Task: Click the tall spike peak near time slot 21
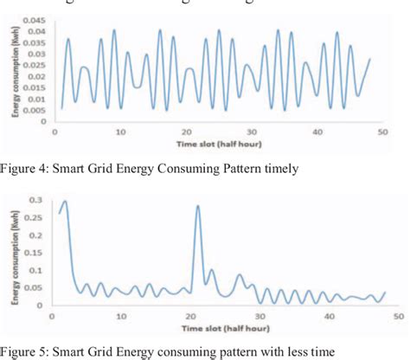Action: coord(198,206)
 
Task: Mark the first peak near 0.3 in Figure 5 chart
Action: coord(65,201)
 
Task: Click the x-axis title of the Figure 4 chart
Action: coord(221,143)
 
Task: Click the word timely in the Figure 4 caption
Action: coord(279,169)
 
